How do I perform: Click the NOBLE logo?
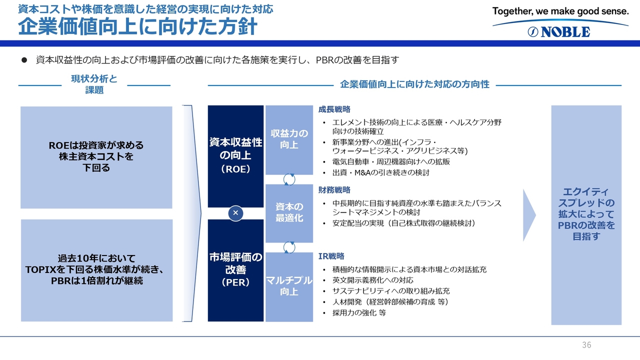[559, 31]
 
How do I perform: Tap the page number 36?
[586, 345]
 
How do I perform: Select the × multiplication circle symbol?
[235, 213]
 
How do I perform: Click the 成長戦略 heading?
[334, 109]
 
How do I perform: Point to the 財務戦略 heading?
[334, 189]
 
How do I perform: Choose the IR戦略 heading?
[331, 256]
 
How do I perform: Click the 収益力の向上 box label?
[289, 139]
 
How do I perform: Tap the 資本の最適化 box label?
[289, 212]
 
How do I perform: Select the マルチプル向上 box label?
[289, 286]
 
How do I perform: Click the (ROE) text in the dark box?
[235, 169]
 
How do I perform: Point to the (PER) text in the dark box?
[235, 282]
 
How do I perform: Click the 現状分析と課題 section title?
[94, 84]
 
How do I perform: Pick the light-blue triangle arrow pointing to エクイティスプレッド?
[529, 215]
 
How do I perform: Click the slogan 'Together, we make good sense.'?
[560, 11]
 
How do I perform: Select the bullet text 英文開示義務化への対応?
[373, 280]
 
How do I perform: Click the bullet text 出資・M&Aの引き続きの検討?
[381, 172]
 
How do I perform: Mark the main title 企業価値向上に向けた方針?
[137, 26]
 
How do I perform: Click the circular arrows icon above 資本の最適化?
[289, 179]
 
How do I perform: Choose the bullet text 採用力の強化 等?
[359, 313]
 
